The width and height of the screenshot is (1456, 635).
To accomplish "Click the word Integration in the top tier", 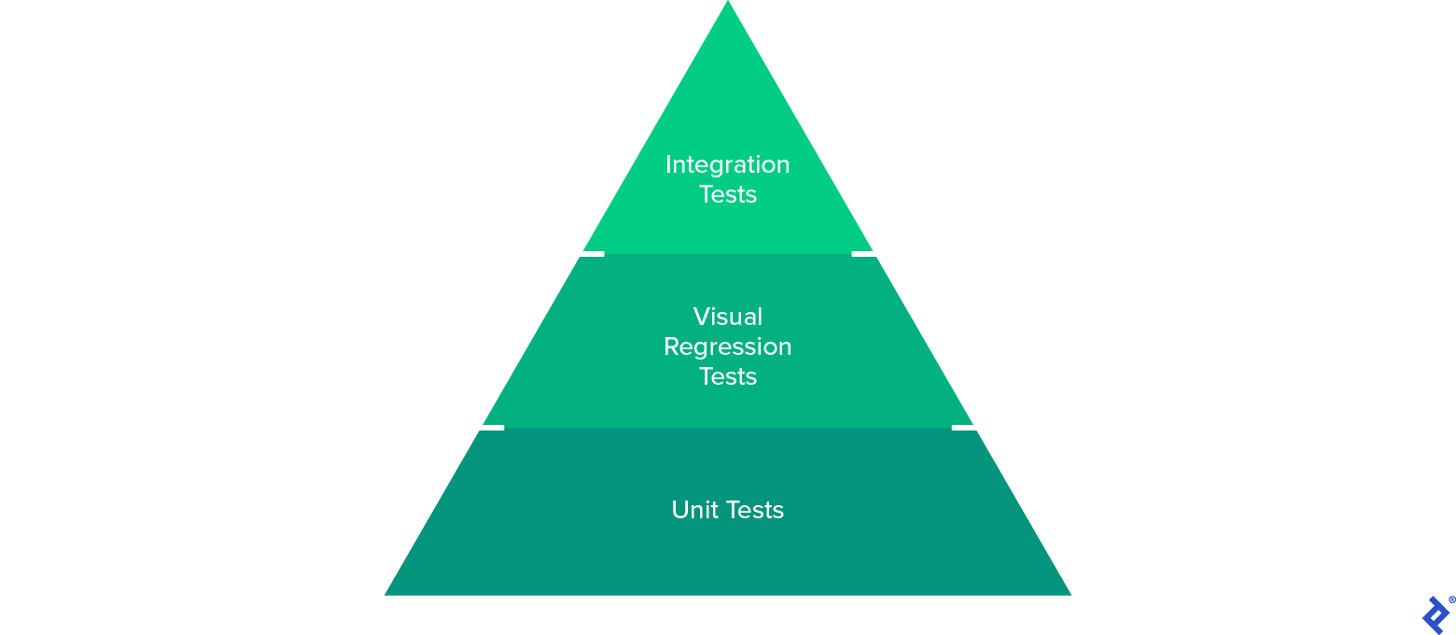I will click(x=728, y=165).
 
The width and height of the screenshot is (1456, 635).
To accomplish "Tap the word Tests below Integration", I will click(x=728, y=195).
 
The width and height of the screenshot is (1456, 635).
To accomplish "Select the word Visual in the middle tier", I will click(x=728, y=317).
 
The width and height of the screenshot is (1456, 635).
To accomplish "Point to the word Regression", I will click(x=728, y=347).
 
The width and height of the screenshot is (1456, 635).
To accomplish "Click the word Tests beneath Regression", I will click(x=728, y=376).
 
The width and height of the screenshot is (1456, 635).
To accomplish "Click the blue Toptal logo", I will click(x=1435, y=614).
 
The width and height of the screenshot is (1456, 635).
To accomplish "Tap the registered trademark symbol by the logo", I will click(x=1452, y=600).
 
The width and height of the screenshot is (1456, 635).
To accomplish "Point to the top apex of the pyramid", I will click(x=728, y=3).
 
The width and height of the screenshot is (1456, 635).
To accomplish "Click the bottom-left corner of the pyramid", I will click(x=386, y=594).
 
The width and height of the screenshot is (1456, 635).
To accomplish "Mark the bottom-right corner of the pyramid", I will click(x=1070, y=594).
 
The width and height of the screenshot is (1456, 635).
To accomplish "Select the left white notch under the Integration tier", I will click(x=593, y=253).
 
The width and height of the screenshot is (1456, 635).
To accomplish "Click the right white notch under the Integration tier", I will click(x=863, y=253).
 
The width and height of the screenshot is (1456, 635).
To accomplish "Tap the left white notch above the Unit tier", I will click(x=492, y=428).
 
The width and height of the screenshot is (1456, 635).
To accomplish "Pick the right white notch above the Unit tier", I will click(x=963, y=428).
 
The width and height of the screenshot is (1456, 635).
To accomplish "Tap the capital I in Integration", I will click(x=668, y=165).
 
